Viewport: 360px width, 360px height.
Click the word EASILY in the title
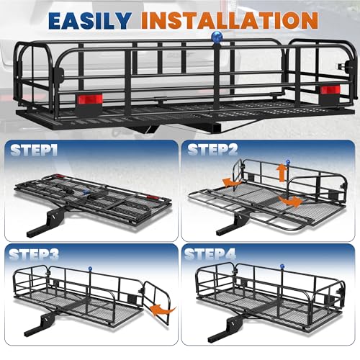tap(90, 21)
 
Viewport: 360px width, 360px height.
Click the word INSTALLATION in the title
tap(230, 21)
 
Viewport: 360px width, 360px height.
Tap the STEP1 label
tap(34, 150)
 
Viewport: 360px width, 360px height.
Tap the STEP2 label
tap(212, 150)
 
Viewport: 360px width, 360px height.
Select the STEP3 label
tap(34, 255)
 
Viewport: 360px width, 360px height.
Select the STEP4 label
tap(210, 254)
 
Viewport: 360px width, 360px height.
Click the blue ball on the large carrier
tap(217, 37)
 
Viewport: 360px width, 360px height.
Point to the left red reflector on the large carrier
tap(90, 99)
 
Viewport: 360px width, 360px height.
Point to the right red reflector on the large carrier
tap(330, 90)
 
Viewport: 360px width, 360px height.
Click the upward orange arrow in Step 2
tap(282, 173)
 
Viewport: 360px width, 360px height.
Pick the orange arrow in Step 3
tap(163, 310)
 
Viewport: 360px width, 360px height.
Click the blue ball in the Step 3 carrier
tap(90, 269)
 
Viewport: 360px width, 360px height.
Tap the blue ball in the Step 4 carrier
tap(282, 266)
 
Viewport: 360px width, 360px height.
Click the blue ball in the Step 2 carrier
tap(288, 162)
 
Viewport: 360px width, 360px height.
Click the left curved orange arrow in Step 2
tap(232, 183)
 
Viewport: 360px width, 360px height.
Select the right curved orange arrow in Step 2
tap(290, 201)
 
